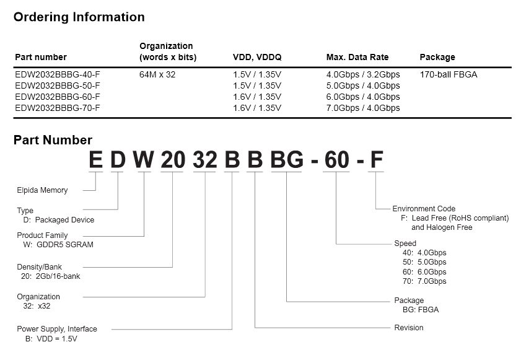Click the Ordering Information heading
(79, 17)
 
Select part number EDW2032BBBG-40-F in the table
(58, 74)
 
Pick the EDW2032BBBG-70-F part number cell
(58, 108)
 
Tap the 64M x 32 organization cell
(157, 74)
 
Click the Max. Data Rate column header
(357, 57)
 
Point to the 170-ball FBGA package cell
(449, 74)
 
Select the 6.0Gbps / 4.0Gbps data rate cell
(363, 97)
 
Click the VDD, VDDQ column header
(257, 57)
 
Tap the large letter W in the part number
(144, 160)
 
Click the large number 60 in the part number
(336, 160)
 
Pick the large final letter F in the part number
(377, 160)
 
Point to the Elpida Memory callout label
(42, 190)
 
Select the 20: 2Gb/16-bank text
(51, 276)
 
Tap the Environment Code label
(424, 209)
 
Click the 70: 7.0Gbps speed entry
(424, 281)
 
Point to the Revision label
(409, 328)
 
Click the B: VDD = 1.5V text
(51, 339)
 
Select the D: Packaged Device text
(59, 220)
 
